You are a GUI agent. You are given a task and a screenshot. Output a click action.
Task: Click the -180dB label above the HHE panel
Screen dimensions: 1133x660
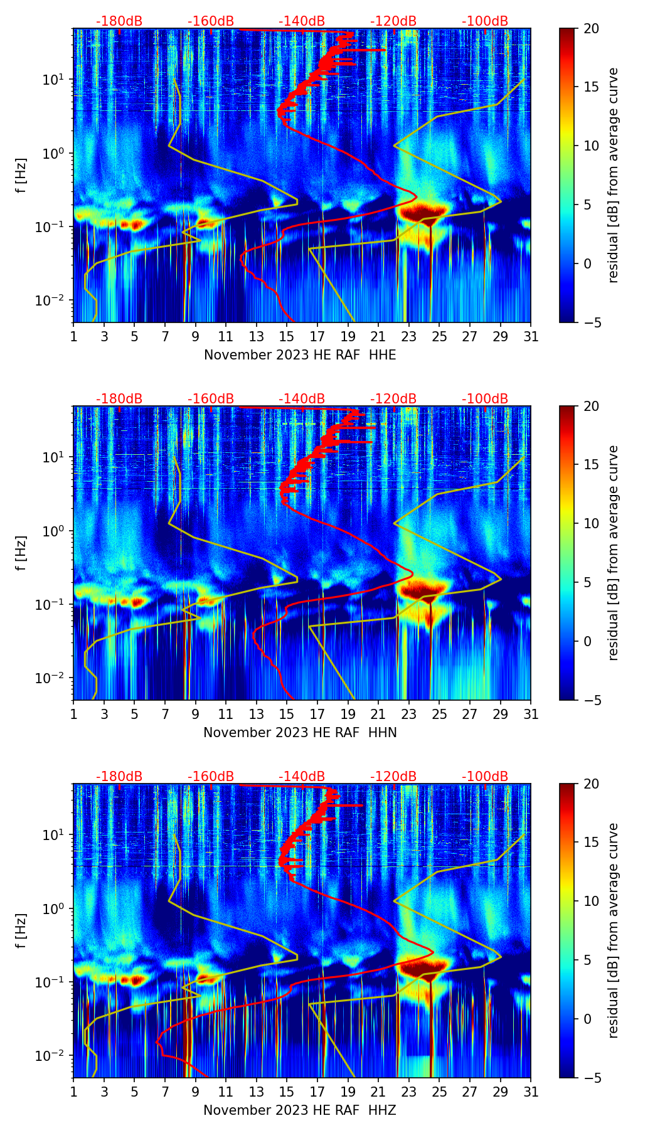click(x=119, y=21)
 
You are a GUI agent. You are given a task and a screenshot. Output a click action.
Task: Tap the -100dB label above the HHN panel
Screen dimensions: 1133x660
click(x=485, y=399)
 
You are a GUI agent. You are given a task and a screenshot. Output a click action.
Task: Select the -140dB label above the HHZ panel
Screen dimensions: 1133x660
click(x=302, y=777)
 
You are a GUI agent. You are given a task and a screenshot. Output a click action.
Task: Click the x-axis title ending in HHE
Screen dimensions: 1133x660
click(x=300, y=355)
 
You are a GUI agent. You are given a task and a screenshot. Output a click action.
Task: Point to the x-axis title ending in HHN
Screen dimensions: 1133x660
click(x=300, y=733)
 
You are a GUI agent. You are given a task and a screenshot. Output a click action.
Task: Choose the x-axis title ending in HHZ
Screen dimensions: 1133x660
click(x=300, y=1110)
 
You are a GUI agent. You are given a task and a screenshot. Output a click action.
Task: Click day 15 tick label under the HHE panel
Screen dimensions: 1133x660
click(x=287, y=337)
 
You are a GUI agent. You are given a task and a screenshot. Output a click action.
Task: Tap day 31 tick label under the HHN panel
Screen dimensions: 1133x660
click(x=531, y=715)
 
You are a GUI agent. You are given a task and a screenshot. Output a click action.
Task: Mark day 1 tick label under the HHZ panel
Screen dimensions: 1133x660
click(x=73, y=1092)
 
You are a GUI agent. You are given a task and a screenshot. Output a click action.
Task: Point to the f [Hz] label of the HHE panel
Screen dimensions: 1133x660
click(x=21, y=176)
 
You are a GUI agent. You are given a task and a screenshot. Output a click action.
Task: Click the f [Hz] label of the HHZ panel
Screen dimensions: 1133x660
click(x=21, y=931)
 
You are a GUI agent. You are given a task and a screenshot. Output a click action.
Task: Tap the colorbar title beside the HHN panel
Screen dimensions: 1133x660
click(x=613, y=553)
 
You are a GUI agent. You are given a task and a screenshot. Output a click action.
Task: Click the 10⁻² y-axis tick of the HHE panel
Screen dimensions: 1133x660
click(x=53, y=301)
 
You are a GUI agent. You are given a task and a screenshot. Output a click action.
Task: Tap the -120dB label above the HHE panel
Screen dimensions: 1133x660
click(x=393, y=21)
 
